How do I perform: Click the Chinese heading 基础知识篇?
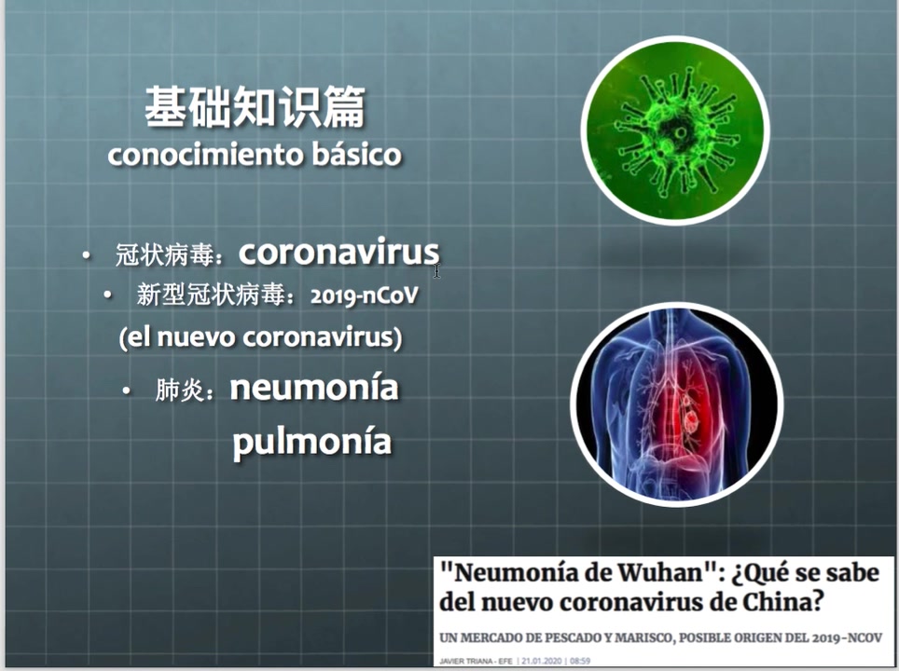[255, 106]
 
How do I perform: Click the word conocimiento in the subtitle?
[204, 155]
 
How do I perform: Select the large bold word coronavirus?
[339, 252]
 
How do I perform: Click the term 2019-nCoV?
[365, 295]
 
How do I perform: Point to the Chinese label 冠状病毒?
[164, 254]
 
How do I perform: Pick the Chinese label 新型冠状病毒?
[211, 295]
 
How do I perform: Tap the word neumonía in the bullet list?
[314, 388]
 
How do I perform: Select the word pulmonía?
[311, 441]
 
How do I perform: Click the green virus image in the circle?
[676, 130]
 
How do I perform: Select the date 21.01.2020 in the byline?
[542, 662]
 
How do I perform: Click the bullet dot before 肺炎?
[127, 390]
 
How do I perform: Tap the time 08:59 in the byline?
[580, 662]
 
